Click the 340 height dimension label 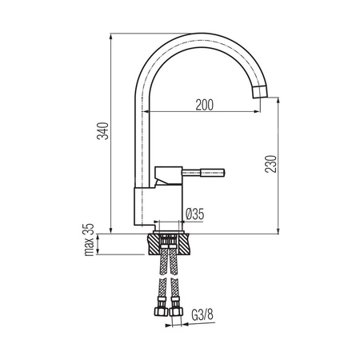102,131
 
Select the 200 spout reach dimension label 205,105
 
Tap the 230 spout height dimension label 271,164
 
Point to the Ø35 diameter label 195,214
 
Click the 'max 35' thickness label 90,240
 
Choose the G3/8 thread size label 202,314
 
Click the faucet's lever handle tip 223,172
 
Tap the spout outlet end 260,92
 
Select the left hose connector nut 161,311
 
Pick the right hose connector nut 176,311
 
